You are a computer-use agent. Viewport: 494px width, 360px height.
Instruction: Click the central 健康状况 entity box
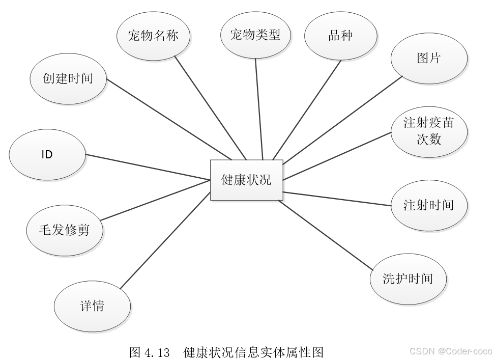coord(247,180)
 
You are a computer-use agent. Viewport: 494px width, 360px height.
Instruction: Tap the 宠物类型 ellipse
coord(255,35)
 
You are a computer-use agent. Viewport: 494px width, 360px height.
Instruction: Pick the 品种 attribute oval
coord(341,36)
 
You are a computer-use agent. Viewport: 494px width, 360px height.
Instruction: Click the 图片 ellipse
coord(428,58)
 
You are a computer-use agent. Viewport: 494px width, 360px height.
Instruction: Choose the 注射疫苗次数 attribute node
coord(428,131)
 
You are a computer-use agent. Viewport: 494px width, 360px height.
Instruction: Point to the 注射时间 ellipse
coord(428,205)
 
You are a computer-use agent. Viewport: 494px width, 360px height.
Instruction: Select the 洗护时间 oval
coord(408,279)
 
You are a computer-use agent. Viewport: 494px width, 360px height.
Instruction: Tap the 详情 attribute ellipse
coord(92,306)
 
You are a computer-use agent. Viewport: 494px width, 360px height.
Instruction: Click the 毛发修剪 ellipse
coord(65,230)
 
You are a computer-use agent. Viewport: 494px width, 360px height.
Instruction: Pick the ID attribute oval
coord(47,154)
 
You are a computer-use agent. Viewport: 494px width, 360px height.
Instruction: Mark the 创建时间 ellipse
coord(68,79)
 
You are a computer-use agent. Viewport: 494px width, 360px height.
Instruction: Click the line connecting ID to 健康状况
coord(148,167)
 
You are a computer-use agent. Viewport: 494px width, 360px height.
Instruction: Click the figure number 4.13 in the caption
coord(156,352)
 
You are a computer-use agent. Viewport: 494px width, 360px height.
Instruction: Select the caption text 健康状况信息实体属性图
coord(253,352)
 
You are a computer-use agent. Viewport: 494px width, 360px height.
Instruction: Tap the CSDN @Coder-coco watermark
coord(450,351)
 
